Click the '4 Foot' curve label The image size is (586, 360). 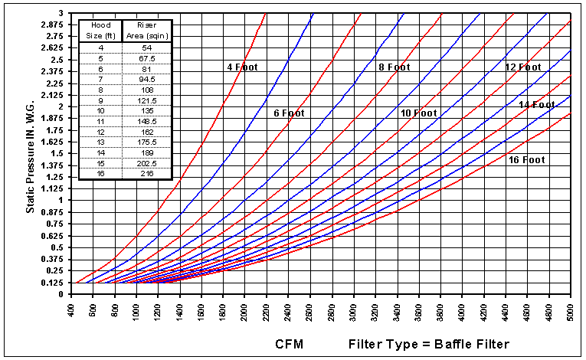242,67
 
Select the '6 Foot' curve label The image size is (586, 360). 290,113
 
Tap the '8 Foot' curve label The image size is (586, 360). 394,67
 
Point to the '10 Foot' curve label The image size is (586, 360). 418,113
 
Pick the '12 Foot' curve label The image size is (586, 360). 523,67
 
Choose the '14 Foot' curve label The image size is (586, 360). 537,104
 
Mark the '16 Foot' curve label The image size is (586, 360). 526,160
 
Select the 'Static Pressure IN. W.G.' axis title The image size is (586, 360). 29,152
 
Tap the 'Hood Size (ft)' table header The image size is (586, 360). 101,30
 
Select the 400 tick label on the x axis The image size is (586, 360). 70,315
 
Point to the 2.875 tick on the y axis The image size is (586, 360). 54,25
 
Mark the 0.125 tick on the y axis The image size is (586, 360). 54,283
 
